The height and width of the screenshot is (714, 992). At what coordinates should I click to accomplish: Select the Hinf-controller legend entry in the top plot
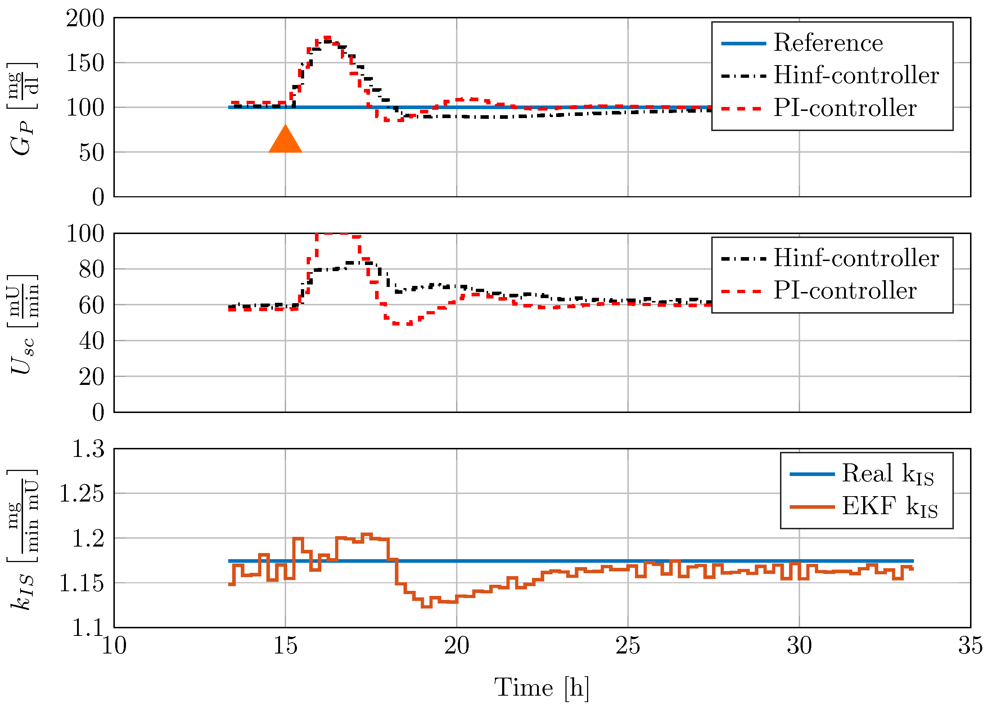pyautogui.click(x=856, y=75)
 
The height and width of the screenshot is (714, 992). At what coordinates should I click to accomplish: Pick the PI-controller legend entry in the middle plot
pyautogui.click(x=844, y=291)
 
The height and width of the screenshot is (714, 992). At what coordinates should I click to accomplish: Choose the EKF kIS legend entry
pyautogui.click(x=889, y=507)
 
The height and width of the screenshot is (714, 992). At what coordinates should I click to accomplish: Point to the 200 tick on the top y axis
pyautogui.click(x=85, y=19)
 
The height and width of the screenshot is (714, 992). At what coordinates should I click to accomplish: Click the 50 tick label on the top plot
pyautogui.click(x=91, y=153)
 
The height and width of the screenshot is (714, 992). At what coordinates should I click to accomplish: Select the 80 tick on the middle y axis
pyautogui.click(x=91, y=269)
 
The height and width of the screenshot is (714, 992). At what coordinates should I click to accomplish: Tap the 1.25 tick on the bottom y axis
pyautogui.click(x=81, y=494)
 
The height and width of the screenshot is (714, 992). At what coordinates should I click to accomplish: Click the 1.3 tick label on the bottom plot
pyautogui.click(x=88, y=449)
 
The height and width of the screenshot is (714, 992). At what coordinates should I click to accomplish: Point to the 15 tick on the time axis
pyautogui.click(x=285, y=646)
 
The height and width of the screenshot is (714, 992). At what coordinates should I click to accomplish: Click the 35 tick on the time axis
pyautogui.click(x=970, y=646)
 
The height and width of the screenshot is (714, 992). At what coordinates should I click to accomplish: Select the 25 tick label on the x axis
pyautogui.click(x=628, y=646)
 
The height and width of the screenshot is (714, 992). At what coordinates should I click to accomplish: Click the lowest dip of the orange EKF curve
pyautogui.click(x=427, y=606)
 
